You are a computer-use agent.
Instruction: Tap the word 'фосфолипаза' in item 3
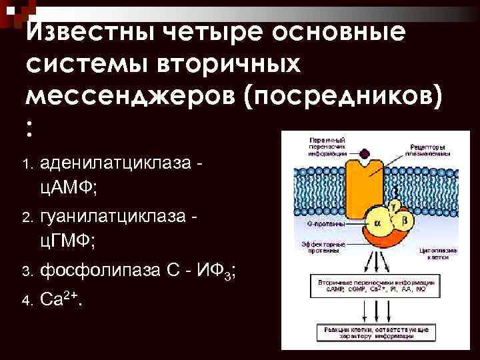pos(100,271)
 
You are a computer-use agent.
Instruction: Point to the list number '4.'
pos(27,301)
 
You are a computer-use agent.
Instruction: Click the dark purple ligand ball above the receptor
pos(364,156)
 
